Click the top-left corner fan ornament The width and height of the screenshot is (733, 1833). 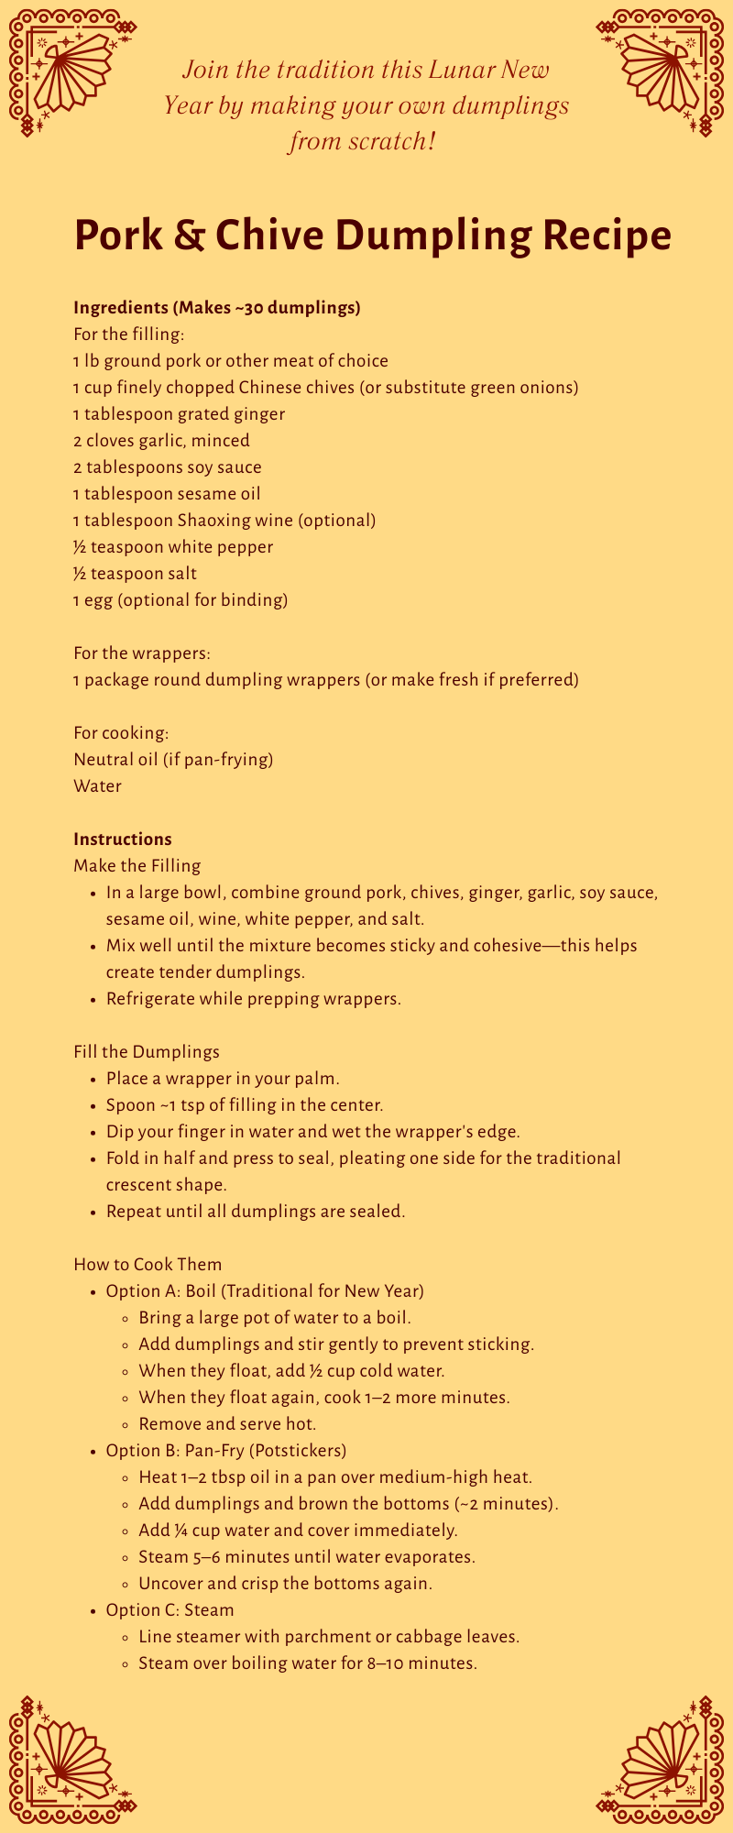(x=69, y=73)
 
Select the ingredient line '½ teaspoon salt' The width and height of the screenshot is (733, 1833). (x=135, y=574)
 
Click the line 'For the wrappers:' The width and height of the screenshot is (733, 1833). (x=142, y=653)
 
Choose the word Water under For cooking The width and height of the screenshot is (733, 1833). (x=97, y=786)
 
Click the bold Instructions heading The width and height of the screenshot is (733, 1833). (x=123, y=840)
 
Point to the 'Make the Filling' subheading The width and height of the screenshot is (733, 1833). (x=137, y=866)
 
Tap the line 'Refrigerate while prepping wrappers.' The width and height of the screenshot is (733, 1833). (x=254, y=999)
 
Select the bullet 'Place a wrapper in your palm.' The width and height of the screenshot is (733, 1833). (x=223, y=1079)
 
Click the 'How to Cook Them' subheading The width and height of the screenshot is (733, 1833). (x=148, y=1265)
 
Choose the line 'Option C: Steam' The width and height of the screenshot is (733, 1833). (x=170, y=1610)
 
